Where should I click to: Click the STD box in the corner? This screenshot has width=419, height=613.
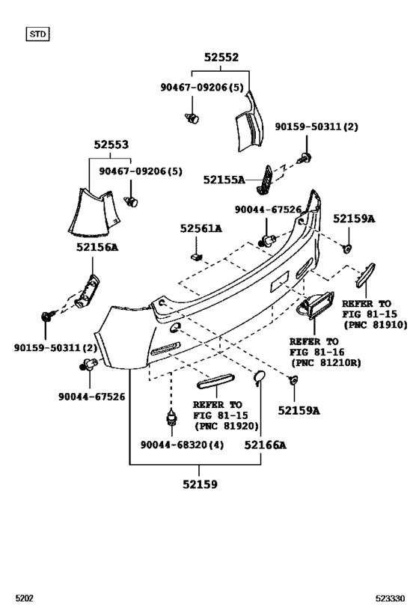pyautogui.click(x=37, y=34)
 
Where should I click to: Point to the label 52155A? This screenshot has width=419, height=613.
pyautogui.click(x=224, y=180)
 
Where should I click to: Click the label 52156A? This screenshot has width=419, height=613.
pyautogui.click(x=97, y=246)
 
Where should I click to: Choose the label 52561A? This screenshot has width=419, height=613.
pyautogui.click(x=200, y=228)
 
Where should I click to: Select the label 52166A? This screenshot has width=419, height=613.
pyautogui.click(x=266, y=445)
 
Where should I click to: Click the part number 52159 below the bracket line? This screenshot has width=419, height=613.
pyautogui.click(x=199, y=484)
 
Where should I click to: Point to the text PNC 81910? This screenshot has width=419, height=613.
pyautogui.click(x=375, y=326)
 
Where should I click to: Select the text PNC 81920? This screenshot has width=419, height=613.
pyautogui.click(x=226, y=426)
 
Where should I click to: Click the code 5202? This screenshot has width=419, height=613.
pyautogui.click(x=24, y=599)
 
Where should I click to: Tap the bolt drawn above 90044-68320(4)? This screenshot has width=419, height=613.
pyautogui.click(x=172, y=418)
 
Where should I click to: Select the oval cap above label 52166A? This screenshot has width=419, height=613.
pyautogui.click(x=259, y=378)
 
